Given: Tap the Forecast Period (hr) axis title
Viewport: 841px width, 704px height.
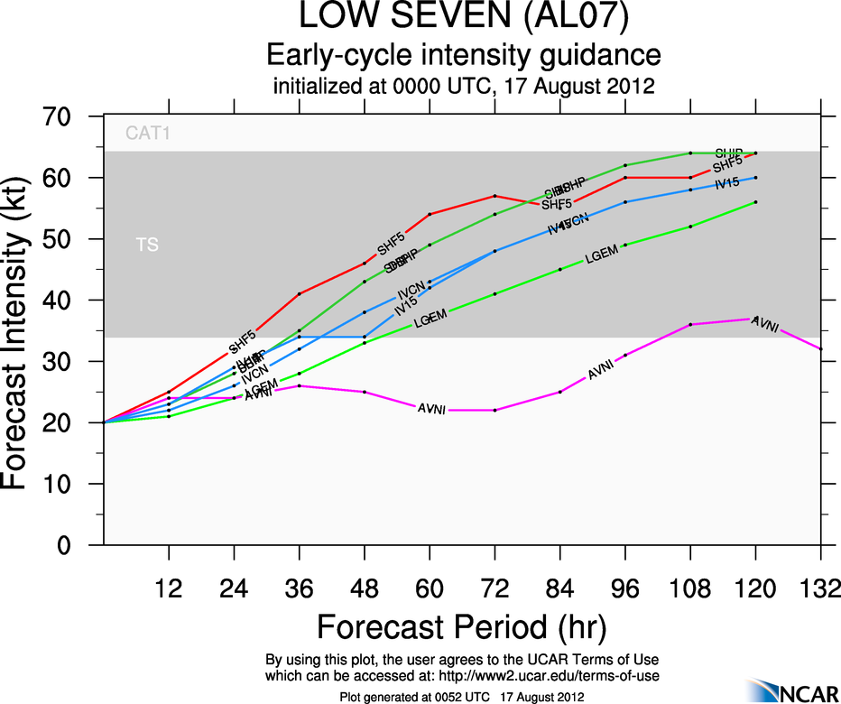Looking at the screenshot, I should (461, 625).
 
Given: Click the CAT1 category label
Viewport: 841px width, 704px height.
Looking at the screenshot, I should (148, 134).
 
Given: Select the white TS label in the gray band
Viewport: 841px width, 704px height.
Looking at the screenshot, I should (147, 245).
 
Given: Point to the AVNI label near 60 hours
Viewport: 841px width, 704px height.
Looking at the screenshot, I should (431, 410).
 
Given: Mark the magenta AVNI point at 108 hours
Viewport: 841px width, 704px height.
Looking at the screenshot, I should (690, 324).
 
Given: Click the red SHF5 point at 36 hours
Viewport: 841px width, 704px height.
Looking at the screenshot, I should (300, 293).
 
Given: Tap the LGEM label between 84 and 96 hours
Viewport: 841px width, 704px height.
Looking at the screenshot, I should (601, 255).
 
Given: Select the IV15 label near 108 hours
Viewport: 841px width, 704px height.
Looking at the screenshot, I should (727, 184).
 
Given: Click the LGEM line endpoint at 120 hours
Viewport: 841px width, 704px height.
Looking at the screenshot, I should (755, 202).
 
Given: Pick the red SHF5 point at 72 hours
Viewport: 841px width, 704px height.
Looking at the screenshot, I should (494, 196).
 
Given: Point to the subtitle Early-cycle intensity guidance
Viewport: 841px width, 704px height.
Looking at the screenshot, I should (463, 56).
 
